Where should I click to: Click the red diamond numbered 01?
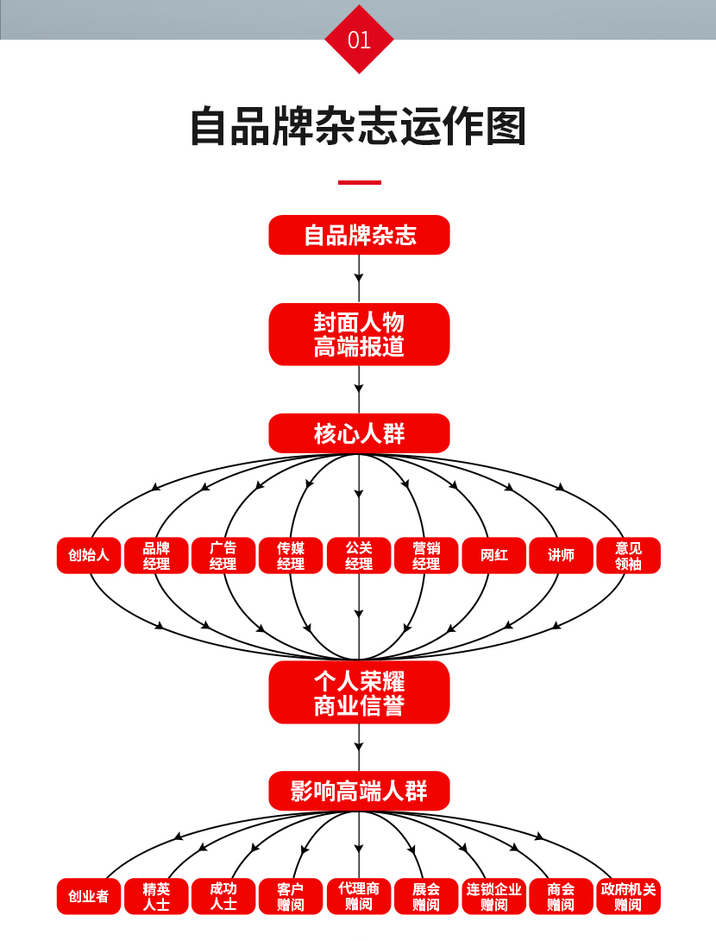(359, 40)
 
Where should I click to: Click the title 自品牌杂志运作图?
(358, 126)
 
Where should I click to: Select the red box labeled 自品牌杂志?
(359, 235)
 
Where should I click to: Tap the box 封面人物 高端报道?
(359, 334)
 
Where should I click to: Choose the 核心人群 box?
(359, 433)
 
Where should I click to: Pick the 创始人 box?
(89, 555)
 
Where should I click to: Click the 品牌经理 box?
(156, 555)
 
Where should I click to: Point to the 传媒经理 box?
(291, 555)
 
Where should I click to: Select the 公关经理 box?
(359, 555)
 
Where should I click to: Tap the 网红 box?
(493, 555)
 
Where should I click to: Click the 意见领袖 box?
(628, 555)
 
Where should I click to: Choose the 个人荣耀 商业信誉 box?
(359, 692)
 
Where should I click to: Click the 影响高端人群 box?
(359, 791)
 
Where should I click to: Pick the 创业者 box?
(89, 896)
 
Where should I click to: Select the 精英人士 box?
(156, 896)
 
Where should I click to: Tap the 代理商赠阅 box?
(359, 896)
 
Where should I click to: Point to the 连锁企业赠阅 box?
(493, 896)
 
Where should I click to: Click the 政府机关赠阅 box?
(628, 896)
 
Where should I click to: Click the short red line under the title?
(359, 182)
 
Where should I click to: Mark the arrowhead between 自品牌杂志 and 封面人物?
(359, 278)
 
